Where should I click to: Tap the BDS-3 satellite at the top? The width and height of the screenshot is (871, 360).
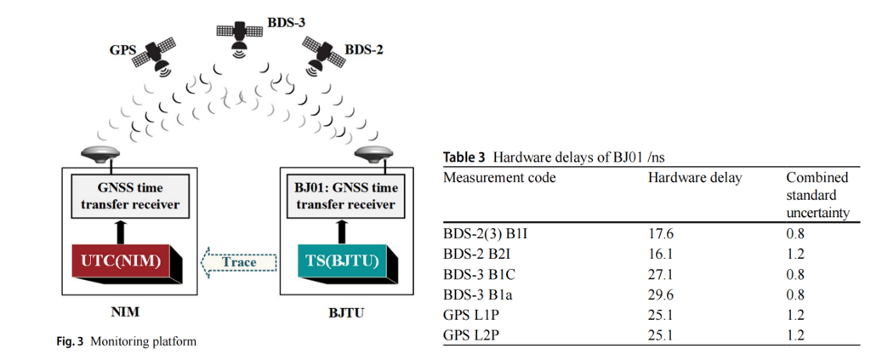(x=242, y=32)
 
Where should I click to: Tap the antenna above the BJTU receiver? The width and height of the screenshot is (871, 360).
(x=371, y=154)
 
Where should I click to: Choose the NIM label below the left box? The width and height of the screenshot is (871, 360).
(x=126, y=312)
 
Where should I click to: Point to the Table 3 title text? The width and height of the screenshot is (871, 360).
(x=542, y=157)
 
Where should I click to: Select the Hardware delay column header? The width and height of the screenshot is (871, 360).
(x=695, y=177)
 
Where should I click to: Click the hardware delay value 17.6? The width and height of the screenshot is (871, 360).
(x=661, y=233)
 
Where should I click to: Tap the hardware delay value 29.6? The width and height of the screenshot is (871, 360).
(x=661, y=294)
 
